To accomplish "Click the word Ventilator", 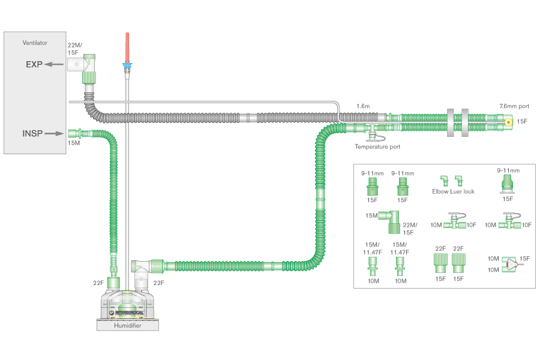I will click(35, 43).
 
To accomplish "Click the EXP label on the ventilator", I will click(34, 64).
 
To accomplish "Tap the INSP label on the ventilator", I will click(34, 133).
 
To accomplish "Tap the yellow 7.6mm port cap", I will click(509, 122).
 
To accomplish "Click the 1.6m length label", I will click(364, 106).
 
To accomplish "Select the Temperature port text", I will click(377, 146).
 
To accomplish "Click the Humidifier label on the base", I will click(128, 325).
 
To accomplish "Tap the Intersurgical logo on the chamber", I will click(128, 312).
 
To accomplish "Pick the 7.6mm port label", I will click(513, 106).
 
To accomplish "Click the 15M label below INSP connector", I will click(74, 143).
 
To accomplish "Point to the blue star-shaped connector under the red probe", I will click(127, 65).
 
